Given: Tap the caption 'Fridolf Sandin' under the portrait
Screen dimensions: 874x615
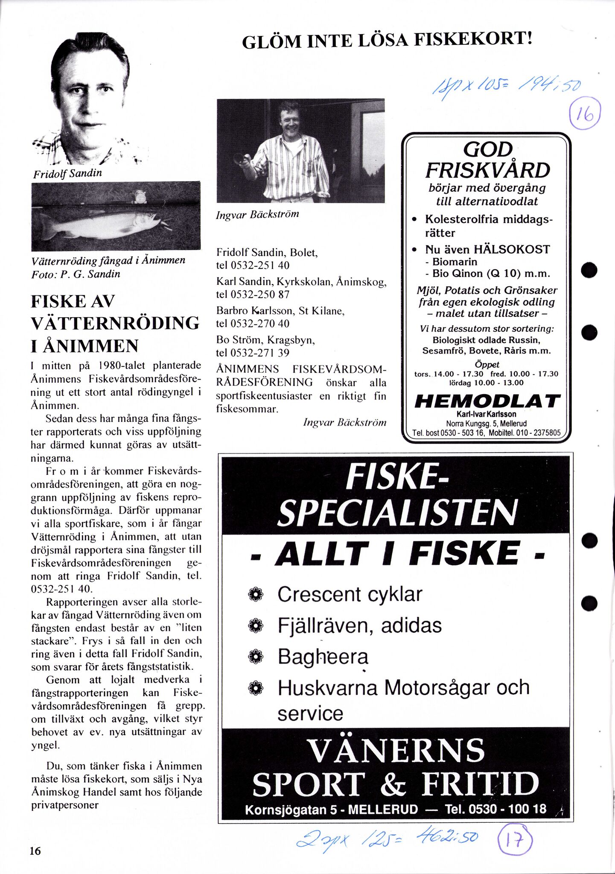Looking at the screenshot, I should (x=67, y=173).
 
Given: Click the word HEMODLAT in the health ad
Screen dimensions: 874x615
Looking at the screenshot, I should (x=487, y=401).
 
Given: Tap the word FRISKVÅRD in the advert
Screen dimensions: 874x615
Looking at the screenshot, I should (x=487, y=170).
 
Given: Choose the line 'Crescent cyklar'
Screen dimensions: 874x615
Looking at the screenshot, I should (x=350, y=594).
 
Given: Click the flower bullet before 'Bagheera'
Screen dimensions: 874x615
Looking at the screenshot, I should (x=256, y=656).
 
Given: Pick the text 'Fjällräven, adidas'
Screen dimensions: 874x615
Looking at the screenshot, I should (x=359, y=626).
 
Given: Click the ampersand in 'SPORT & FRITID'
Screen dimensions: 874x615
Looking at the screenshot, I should (x=392, y=785).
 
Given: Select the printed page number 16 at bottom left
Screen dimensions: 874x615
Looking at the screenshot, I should (x=35, y=851).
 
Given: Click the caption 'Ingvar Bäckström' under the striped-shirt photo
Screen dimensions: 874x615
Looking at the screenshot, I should (x=257, y=214).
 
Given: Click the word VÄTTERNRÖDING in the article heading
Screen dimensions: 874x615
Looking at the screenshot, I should (x=115, y=323).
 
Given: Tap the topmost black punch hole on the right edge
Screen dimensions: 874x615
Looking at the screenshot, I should (x=589, y=270).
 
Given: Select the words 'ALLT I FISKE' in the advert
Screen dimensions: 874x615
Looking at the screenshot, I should (x=396, y=553).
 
